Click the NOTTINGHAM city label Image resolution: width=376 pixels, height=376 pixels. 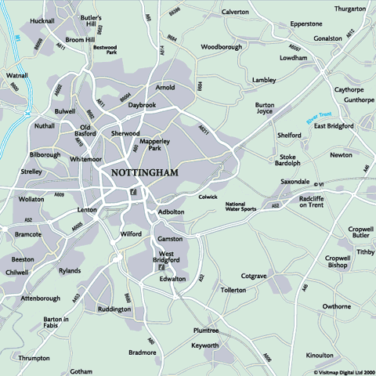[x=145, y=172]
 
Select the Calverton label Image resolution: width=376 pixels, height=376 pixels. [x=235, y=13]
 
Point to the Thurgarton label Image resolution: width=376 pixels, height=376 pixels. [x=349, y=9]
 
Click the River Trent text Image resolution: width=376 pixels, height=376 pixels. [x=315, y=118]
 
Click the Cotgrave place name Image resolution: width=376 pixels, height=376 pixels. [x=255, y=276]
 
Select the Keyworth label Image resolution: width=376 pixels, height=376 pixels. [x=205, y=345]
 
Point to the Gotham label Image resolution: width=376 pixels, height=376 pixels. [x=81, y=371]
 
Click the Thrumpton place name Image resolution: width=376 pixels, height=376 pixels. [x=34, y=357]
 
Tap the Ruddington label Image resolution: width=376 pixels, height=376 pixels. [x=114, y=309]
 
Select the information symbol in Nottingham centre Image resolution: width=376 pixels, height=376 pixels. [x=135, y=190]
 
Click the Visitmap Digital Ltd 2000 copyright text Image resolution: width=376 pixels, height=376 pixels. [x=344, y=372]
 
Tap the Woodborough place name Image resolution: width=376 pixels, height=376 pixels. [x=221, y=47]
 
